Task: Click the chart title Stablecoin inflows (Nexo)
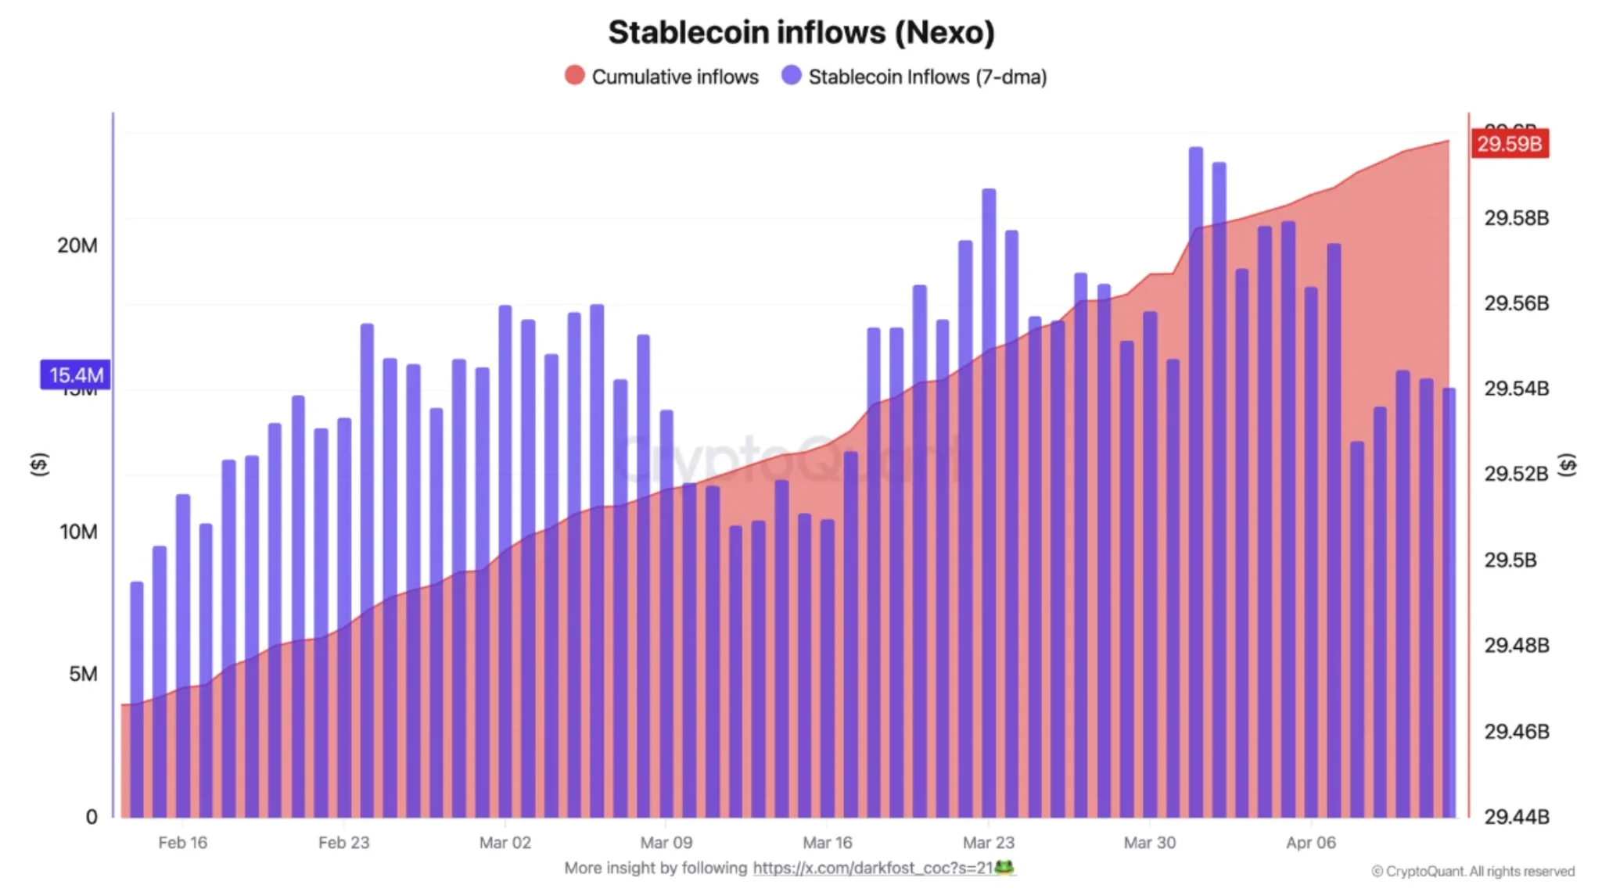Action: click(801, 33)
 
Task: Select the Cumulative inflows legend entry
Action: click(662, 77)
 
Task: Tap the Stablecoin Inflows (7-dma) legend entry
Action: click(914, 77)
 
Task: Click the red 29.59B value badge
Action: click(1509, 144)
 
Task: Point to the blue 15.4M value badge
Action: click(75, 375)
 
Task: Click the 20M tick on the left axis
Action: click(77, 245)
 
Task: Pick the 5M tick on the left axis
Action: click(83, 674)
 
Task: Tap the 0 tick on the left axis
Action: click(92, 817)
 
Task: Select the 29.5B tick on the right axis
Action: click(1510, 560)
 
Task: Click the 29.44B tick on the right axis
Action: click(1516, 817)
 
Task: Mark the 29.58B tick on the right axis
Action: click(1516, 218)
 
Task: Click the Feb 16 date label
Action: click(182, 843)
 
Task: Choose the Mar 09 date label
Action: click(666, 843)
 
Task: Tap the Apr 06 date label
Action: click(1310, 843)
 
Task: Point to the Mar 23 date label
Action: click(988, 843)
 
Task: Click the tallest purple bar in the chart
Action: click(1195, 469)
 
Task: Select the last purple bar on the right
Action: click(1449, 602)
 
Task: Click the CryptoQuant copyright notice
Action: click(1472, 871)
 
